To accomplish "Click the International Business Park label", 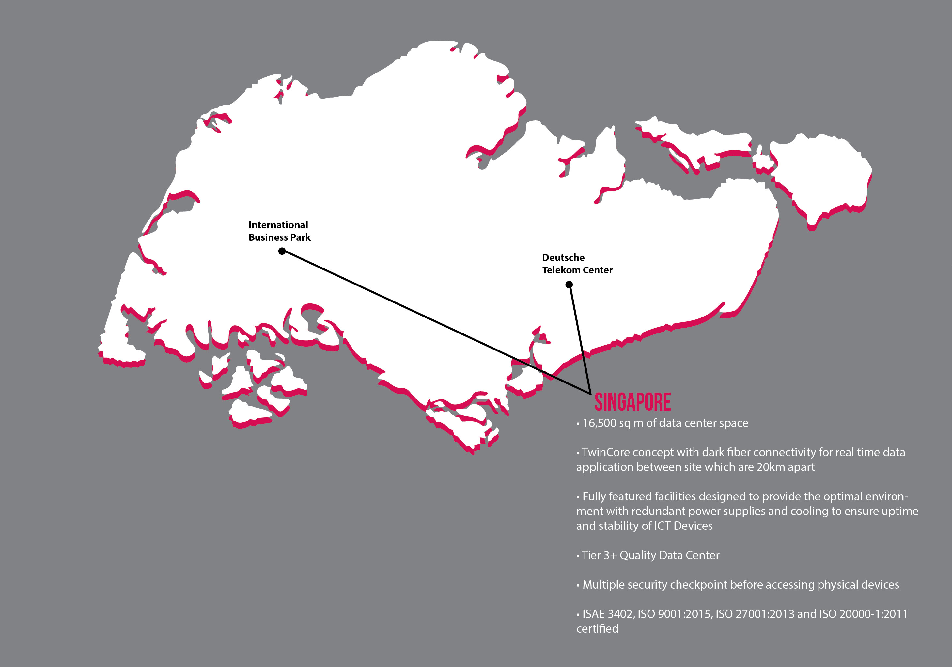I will point(279,231).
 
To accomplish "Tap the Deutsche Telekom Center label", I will point(577,264).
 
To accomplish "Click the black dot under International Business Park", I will point(282,251).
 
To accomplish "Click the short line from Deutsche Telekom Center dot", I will point(580,338).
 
